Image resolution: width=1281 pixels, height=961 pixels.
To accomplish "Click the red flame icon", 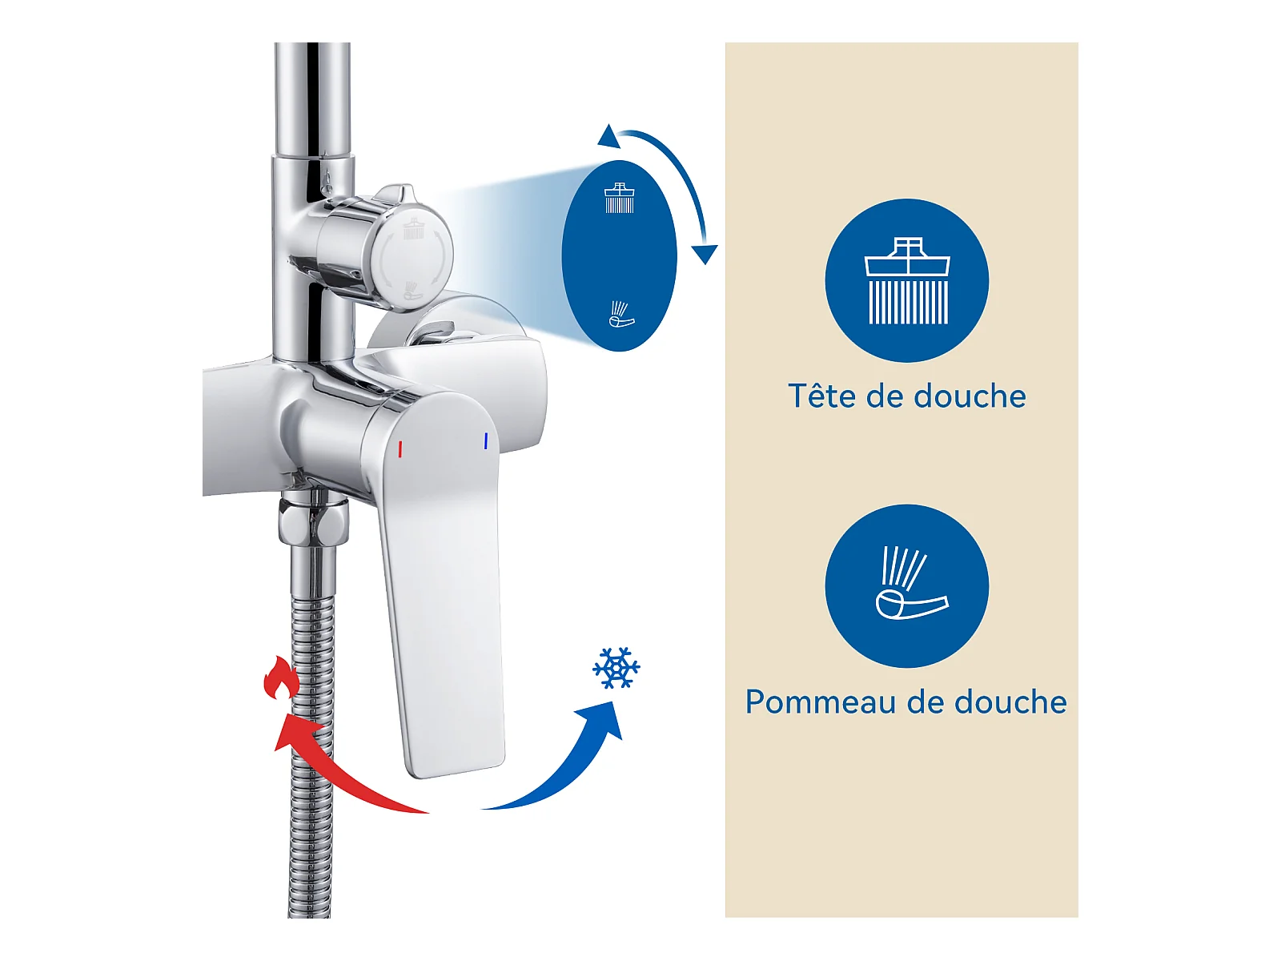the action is click(281, 678).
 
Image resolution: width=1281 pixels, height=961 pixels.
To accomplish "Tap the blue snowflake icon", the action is click(616, 668).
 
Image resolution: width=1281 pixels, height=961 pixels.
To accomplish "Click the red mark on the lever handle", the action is click(400, 448).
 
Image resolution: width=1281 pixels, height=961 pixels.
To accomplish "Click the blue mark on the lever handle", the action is click(485, 440).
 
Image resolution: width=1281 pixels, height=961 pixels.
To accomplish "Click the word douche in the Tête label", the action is click(970, 396).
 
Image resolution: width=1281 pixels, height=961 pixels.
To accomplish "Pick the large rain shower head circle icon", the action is click(906, 280).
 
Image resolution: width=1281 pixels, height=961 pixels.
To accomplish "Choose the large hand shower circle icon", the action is click(906, 586).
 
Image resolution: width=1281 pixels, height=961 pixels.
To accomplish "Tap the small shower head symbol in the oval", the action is click(619, 198).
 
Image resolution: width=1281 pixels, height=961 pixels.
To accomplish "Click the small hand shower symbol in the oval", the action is click(621, 314).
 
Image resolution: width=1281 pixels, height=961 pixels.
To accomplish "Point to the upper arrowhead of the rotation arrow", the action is click(608, 135).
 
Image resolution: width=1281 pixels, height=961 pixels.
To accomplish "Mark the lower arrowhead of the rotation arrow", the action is click(705, 254).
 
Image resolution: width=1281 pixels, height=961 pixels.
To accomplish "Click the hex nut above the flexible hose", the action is click(313, 519).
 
